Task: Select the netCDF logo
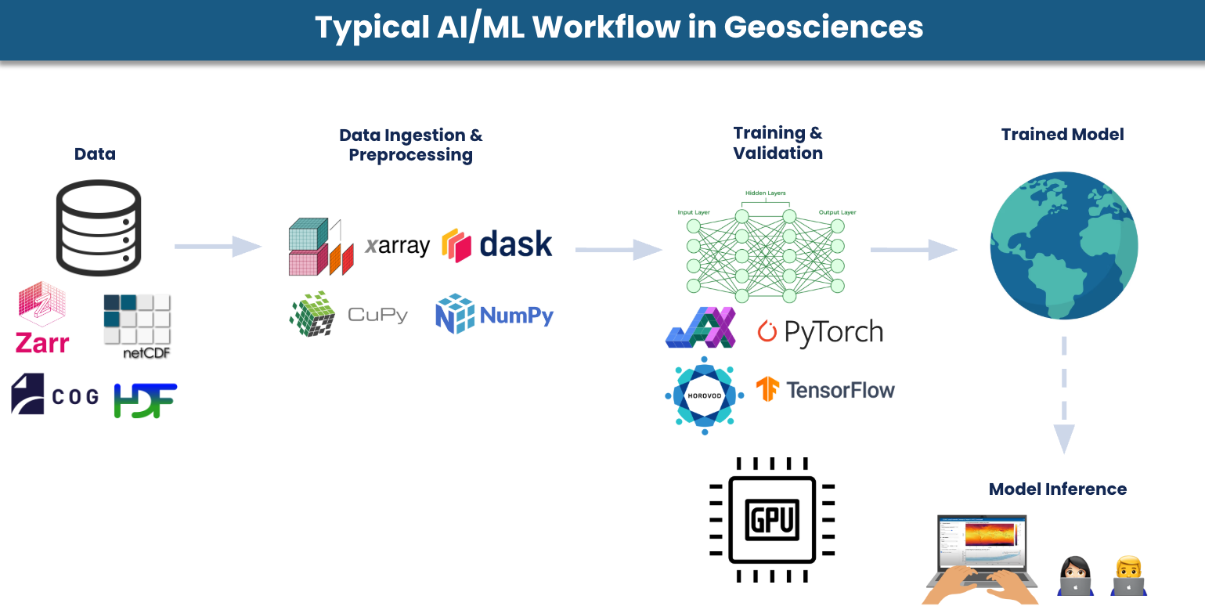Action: [x=137, y=326]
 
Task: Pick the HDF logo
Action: [x=146, y=399]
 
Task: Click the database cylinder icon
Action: [x=99, y=227]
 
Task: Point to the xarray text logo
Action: [x=398, y=246]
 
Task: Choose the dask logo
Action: [x=497, y=244]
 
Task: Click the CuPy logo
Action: [x=348, y=315]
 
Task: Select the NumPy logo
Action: [x=494, y=315]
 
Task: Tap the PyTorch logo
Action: [x=820, y=332]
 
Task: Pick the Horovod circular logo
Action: [x=704, y=395]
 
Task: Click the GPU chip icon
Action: [x=772, y=520]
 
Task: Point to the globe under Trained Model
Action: [x=1063, y=246]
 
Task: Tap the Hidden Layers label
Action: [x=765, y=193]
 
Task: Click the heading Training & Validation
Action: [x=777, y=143]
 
